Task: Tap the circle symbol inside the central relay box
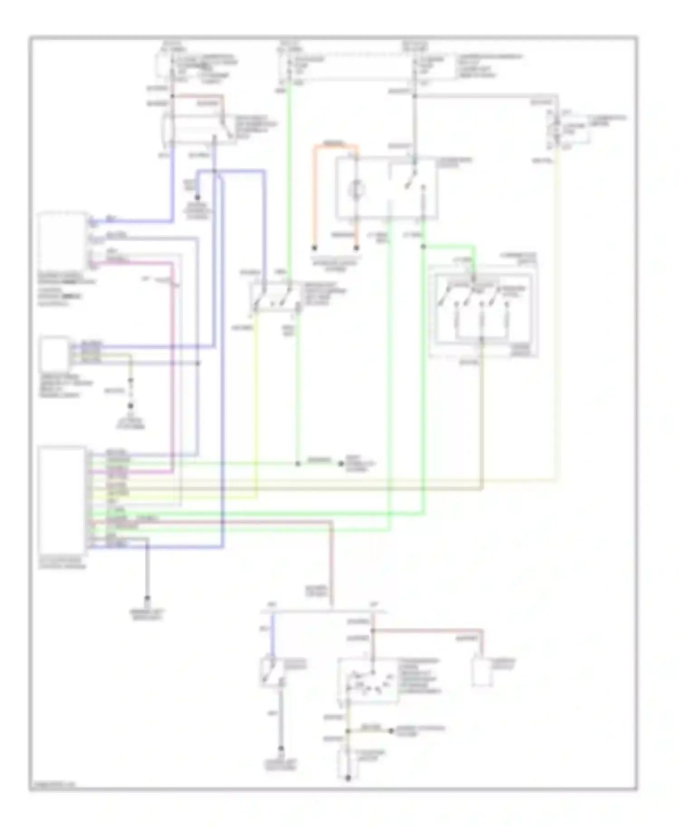[357, 189]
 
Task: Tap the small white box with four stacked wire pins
[55, 354]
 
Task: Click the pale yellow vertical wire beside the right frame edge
[556, 317]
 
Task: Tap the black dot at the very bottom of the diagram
[348, 778]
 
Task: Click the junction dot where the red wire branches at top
[172, 96]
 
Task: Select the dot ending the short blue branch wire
[197, 198]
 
